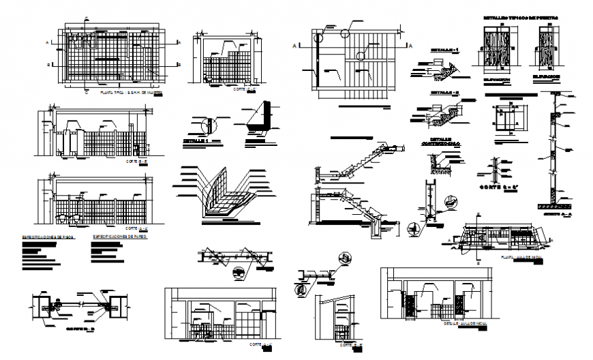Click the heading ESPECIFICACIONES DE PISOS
(47, 237)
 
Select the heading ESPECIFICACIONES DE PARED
(118, 237)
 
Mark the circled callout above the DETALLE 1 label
(210, 125)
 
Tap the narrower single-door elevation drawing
(547, 46)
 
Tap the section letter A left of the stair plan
(294, 46)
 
